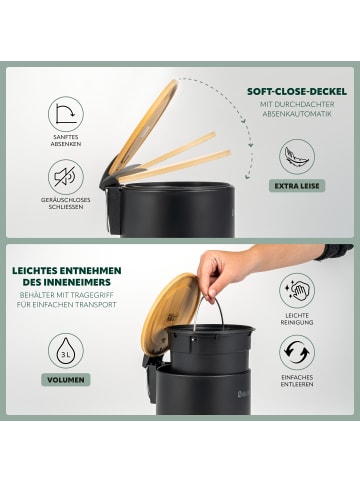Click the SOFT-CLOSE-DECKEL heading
297,92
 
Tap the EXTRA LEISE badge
297,186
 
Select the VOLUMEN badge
66,380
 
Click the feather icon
297,157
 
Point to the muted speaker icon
66,177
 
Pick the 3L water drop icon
66,351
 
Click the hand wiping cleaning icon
297,291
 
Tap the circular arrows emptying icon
297,352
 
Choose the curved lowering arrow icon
66,114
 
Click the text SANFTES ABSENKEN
66,140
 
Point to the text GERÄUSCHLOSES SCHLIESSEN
66,203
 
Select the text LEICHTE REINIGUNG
297,319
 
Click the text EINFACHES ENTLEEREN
297,381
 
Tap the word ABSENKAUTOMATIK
297,114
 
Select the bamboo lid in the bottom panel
170,313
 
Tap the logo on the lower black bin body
244,395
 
